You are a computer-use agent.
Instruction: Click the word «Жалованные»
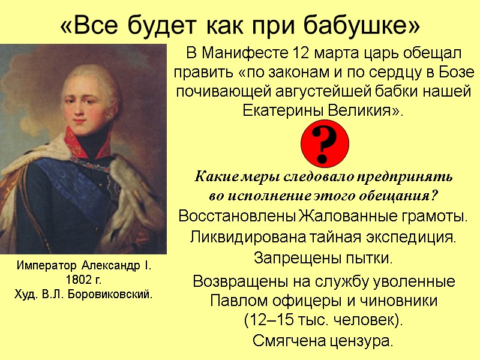(344, 215)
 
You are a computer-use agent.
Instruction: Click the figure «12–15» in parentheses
(268, 320)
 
